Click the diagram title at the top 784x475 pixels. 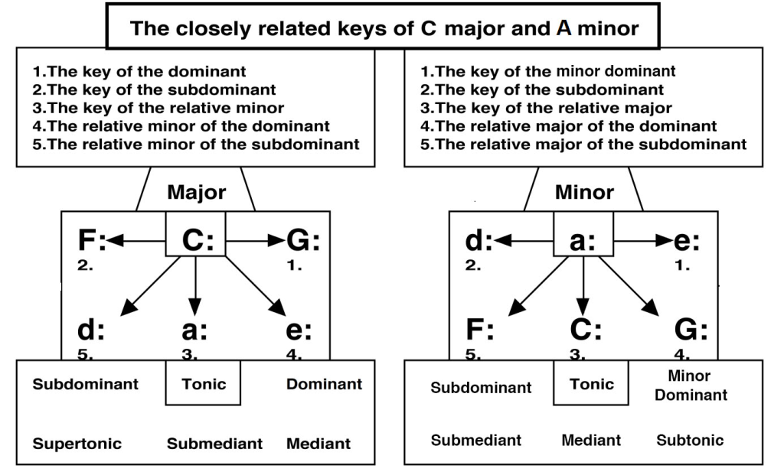(384, 29)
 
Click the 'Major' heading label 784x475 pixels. (196, 192)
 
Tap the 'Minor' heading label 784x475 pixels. (583, 192)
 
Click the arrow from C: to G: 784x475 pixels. (255, 241)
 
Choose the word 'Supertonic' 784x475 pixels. (77, 444)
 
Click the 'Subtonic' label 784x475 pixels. (690, 440)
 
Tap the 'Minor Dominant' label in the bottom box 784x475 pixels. (691, 386)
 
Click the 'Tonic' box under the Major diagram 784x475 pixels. (204, 384)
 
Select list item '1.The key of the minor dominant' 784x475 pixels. (548, 72)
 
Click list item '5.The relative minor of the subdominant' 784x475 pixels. (196, 145)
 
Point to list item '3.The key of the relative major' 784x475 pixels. (547, 108)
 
